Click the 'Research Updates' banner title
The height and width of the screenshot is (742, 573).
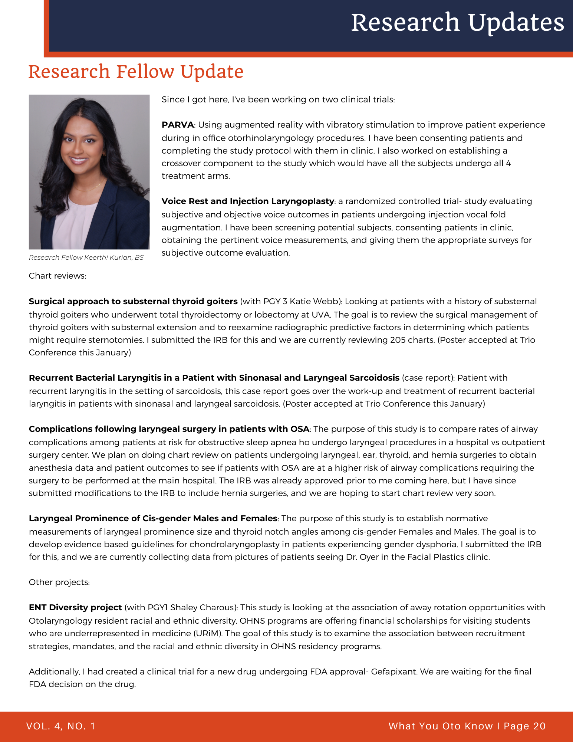click(x=457, y=22)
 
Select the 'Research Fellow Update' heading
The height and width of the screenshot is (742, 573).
click(x=136, y=72)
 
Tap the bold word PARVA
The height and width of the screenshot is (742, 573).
click(x=178, y=125)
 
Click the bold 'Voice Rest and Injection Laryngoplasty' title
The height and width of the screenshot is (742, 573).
click(x=248, y=201)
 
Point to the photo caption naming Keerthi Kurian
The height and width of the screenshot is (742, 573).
click(x=86, y=257)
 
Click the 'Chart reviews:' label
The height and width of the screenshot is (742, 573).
click(x=57, y=276)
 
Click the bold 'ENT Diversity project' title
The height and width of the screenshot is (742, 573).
click(x=75, y=608)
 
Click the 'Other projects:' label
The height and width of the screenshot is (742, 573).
click(x=59, y=582)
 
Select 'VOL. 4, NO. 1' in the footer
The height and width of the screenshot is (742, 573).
click(x=61, y=726)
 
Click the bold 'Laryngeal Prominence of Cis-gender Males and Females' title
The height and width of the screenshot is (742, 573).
click(x=153, y=519)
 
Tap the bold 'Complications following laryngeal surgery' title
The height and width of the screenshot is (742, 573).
click(x=169, y=429)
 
